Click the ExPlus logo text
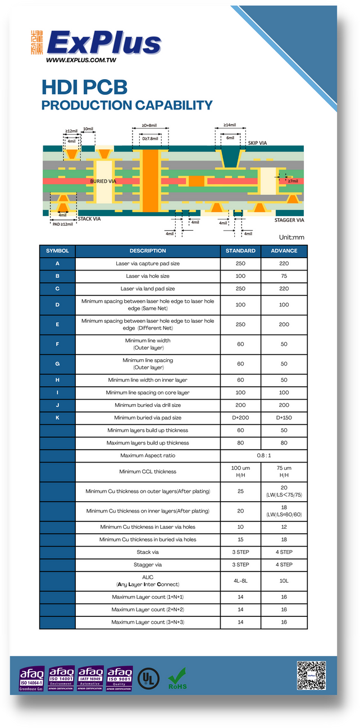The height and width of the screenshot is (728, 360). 104,44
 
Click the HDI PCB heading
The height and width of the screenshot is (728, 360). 84,87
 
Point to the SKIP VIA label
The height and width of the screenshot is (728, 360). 257,143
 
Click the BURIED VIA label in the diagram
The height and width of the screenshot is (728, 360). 103,181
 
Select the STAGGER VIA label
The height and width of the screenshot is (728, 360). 289,220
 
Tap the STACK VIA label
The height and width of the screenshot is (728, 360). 89,218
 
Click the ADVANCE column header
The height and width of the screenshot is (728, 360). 284,251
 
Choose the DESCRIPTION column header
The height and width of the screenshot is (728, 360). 148,251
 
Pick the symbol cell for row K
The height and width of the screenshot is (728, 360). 57,418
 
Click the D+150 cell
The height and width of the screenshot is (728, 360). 284,418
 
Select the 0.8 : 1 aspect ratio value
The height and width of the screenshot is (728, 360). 263,455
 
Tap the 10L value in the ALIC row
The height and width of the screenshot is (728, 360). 284,581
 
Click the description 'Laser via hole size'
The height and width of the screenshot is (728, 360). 148,276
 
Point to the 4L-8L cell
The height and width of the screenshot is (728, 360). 240,581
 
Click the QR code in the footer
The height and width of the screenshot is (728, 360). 311,676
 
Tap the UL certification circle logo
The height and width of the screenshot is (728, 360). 149,677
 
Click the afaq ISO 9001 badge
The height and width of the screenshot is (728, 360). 120,678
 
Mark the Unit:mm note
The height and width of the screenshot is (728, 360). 291,237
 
